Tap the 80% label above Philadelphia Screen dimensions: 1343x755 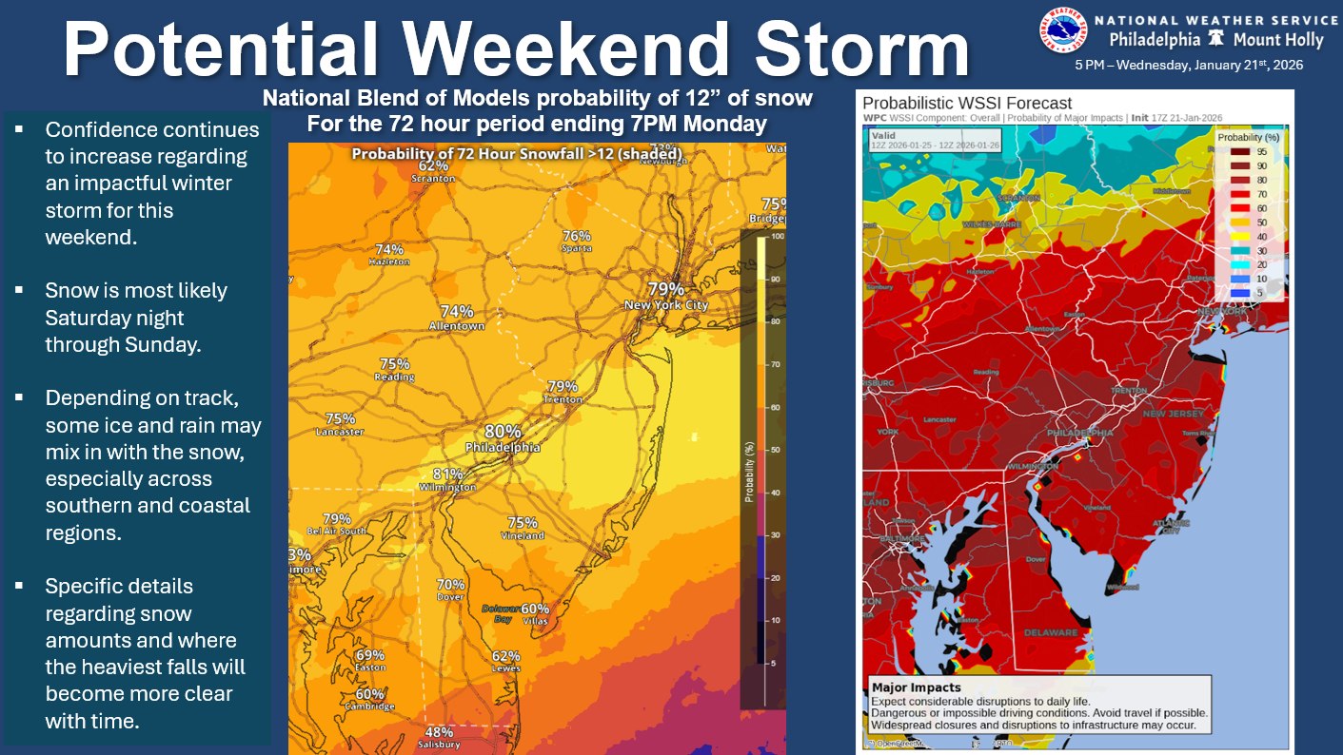pos(503,431)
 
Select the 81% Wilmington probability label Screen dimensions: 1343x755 pos(447,474)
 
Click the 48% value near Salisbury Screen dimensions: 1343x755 pos(439,732)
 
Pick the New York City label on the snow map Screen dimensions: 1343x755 pos(666,305)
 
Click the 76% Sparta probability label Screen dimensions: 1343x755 pos(577,236)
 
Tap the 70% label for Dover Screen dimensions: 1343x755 pos(450,585)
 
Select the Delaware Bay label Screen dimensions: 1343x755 pos(499,612)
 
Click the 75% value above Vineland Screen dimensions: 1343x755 pos(523,523)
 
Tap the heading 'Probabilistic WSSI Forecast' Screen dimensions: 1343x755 pos(967,104)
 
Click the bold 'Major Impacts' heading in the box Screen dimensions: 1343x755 pos(917,687)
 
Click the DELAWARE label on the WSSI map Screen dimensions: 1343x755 pos(1051,632)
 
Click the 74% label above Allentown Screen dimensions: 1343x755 pos(457,311)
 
